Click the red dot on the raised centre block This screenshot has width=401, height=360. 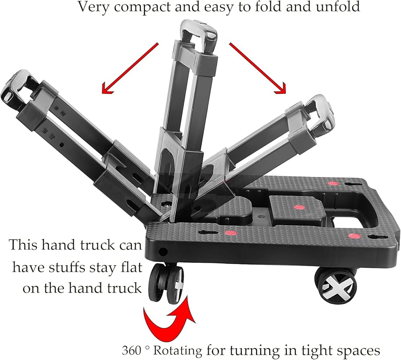[297, 207]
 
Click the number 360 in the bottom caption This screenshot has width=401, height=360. [133, 350]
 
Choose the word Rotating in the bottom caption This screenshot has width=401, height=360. [178, 350]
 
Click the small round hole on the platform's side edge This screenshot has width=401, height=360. [163, 252]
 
